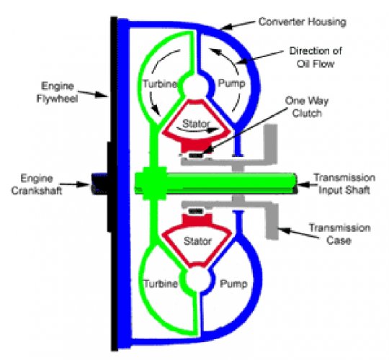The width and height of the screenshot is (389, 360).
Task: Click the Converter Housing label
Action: click(x=302, y=22)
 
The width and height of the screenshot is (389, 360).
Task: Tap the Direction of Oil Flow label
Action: click(x=316, y=58)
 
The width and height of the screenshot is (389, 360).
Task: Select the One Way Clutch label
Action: click(x=307, y=107)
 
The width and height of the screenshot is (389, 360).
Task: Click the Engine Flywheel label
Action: click(x=58, y=92)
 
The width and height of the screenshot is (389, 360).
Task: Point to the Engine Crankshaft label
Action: click(x=37, y=184)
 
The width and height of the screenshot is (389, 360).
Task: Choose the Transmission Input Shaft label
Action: click(x=344, y=184)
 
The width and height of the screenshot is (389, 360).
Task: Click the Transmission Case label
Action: click(x=339, y=234)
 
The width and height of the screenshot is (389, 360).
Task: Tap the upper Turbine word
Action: click(x=160, y=84)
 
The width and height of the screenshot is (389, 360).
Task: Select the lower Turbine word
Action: click(x=161, y=284)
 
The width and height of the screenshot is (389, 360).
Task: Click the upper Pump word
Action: click(x=231, y=84)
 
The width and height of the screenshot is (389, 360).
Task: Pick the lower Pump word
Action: click(x=233, y=284)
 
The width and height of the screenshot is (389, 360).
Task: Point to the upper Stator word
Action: click(x=196, y=123)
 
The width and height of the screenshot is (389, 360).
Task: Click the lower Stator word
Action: click(x=197, y=241)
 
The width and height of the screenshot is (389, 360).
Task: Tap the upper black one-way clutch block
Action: click(x=196, y=156)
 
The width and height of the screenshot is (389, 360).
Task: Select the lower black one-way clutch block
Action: click(x=196, y=211)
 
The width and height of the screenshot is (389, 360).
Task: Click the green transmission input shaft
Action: click(x=215, y=184)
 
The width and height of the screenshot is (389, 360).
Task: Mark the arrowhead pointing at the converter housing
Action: click(x=225, y=27)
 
